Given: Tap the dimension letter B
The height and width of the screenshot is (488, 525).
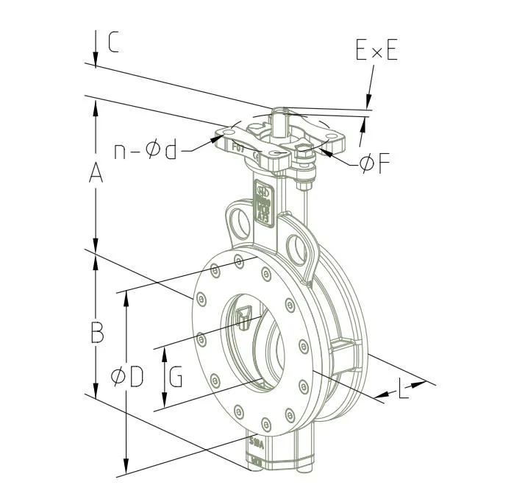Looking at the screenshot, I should (x=96, y=333).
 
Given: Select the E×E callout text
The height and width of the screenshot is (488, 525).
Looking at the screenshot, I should (x=376, y=51).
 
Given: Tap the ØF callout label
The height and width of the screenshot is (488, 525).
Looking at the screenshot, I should (x=374, y=164).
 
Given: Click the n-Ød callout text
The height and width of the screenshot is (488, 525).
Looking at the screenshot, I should (x=146, y=150).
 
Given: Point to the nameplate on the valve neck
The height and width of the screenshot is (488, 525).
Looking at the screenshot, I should (x=262, y=202).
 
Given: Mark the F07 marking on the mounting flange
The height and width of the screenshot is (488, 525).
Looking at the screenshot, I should (x=239, y=147).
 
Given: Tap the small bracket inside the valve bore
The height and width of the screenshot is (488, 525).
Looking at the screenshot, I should (x=245, y=317).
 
